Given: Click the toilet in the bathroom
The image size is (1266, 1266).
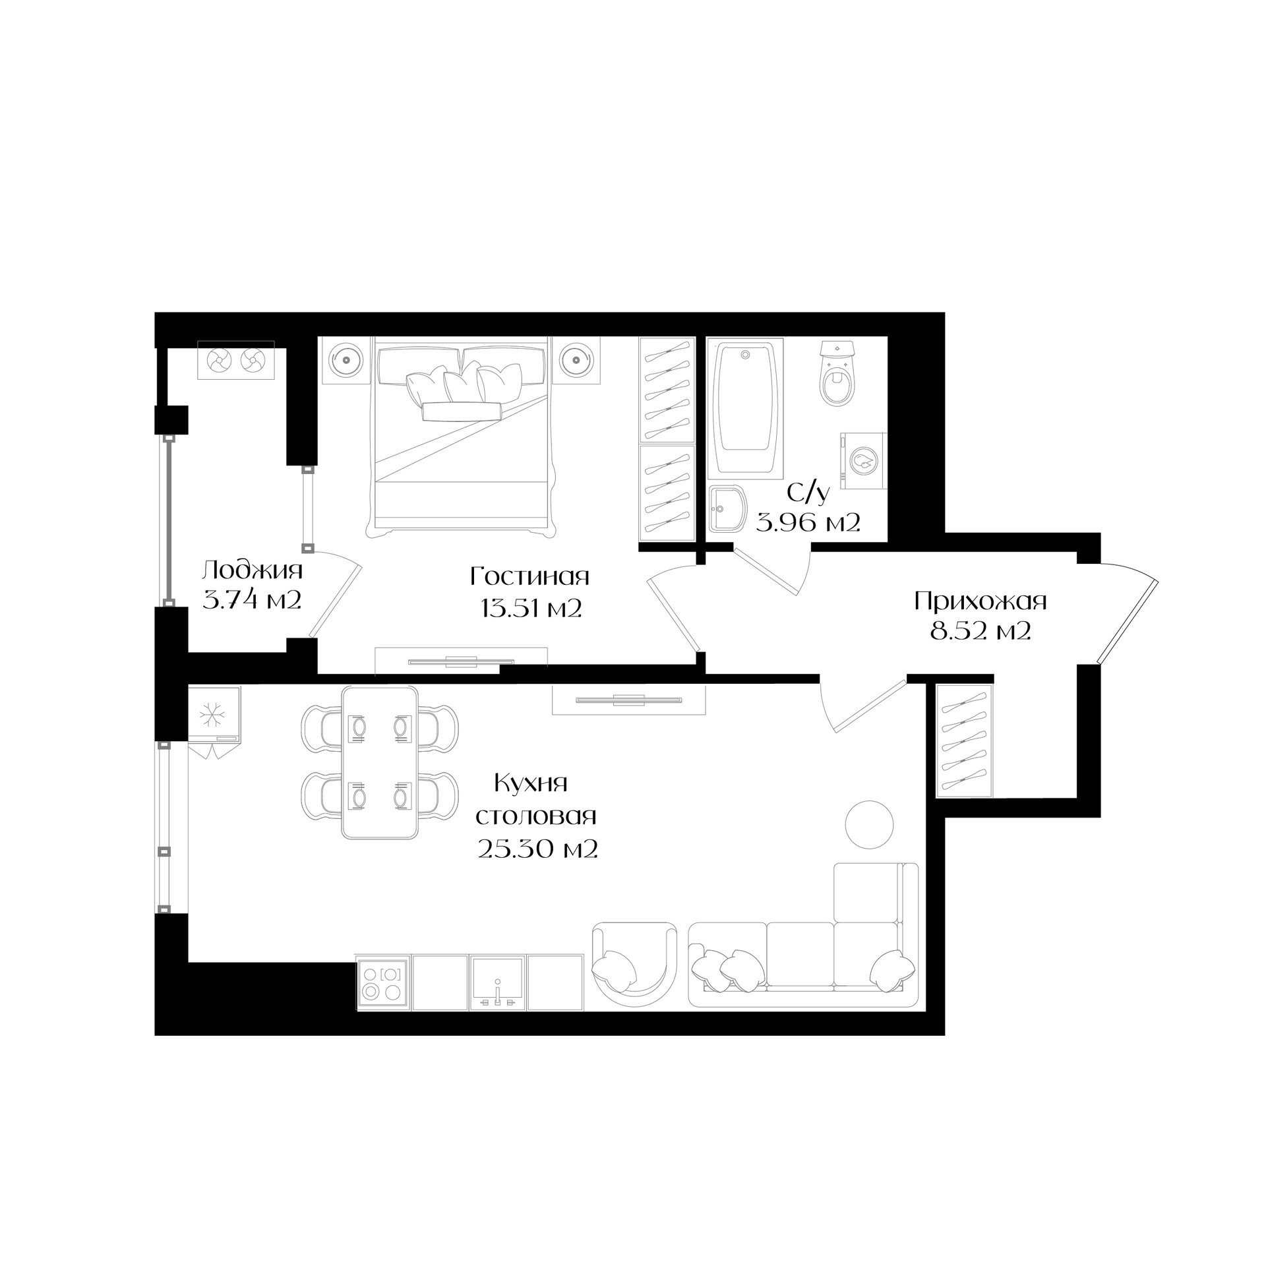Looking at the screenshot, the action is point(837,374).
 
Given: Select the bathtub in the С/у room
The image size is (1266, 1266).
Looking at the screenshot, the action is point(745,408).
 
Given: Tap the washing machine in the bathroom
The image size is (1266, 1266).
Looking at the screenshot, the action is point(864,461).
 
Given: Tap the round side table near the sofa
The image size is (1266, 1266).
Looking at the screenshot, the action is point(869,824).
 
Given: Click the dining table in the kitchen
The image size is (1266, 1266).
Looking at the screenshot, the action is point(380,762).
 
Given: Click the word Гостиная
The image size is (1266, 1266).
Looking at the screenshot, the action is point(529,577).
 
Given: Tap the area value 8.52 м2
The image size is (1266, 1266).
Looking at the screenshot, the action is point(980,632).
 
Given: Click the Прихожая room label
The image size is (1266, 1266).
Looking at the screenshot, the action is point(980,601).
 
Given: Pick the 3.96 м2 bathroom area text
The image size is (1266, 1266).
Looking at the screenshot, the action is point(808,523).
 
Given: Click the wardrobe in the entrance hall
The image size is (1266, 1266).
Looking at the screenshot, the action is point(964,740).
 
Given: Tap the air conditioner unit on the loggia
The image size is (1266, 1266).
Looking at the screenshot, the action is point(236,360).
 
